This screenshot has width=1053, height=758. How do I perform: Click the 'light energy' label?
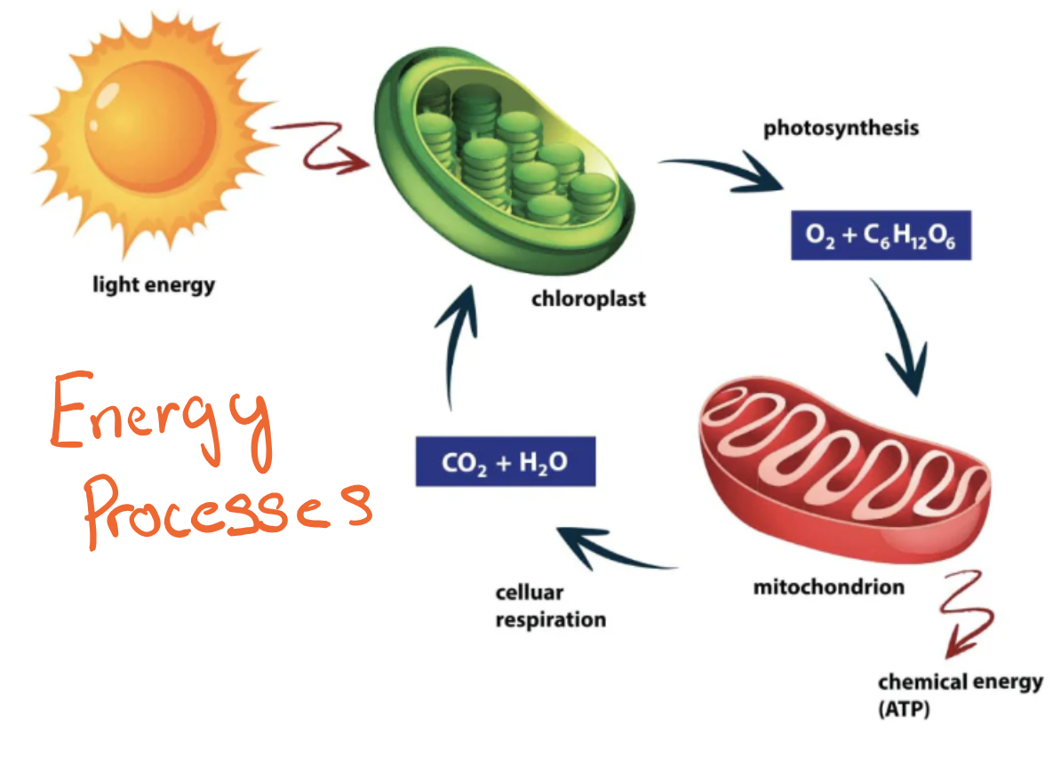(x=154, y=285)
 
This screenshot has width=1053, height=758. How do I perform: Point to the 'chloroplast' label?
(x=588, y=299)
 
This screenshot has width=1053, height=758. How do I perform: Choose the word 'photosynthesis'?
(x=841, y=128)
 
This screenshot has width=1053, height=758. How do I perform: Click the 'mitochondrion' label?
(x=828, y=587)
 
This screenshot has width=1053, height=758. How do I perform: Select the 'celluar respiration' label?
(x=550, y=606)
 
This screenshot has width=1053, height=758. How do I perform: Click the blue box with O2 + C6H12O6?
(x=881, y=235)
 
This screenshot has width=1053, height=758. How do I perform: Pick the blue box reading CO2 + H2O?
(x=505, y=462)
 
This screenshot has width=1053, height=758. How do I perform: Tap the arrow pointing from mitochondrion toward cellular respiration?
(x=613, y=551)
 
